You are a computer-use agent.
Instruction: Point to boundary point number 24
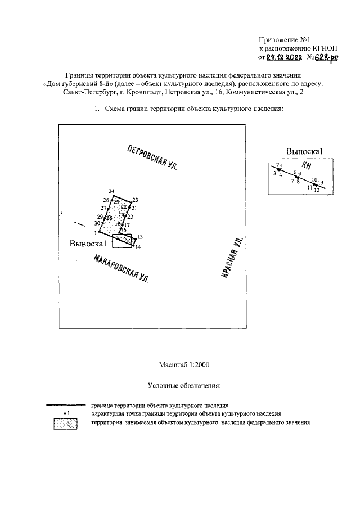[x=111, y=192]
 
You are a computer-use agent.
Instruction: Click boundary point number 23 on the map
[x=135, y=200]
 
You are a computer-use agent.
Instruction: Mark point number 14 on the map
[x=138, y=246]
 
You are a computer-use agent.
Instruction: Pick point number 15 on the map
[x=140, y=237]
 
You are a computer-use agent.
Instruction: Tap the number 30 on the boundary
[x=97, y=223]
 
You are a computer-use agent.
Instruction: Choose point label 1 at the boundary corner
[x=96, y=232]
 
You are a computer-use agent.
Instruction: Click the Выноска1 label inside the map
[x=88, y=244]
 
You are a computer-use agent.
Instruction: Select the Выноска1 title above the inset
[x=306, y=151]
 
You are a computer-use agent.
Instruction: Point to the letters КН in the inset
[x=307, y=165]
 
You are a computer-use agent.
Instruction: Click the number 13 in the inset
[x=321, y=182]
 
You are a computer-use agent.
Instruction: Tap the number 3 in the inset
[x=274, y=174]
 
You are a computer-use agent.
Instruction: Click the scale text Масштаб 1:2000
[x=184, y=365]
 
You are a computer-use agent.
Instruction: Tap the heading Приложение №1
[x=285, y=40]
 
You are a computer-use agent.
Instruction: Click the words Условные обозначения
[x=183, y=386]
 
